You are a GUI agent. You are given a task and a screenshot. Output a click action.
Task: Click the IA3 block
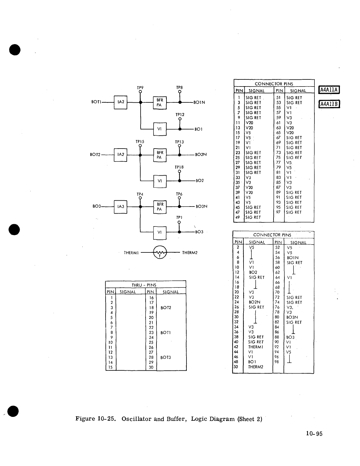pyautogui.click(x=121, y=207)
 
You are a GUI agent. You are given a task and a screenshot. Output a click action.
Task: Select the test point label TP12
pyautogui.click(x=180, y=114)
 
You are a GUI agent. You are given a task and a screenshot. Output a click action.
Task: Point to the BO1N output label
pyautogui.click(x=199, y=102)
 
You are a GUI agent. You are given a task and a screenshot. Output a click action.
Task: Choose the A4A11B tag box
pyautogui.click(x=329, y=104)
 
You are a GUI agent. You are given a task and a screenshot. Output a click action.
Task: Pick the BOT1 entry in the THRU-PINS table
pyautogui.click(x=166, y=333)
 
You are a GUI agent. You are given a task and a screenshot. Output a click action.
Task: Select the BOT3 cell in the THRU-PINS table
pyautogui.click(x=166, y=357)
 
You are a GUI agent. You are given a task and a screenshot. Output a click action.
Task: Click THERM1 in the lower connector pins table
pyautogui.click(x=256, y=347)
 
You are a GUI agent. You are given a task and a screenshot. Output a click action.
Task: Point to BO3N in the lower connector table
pyautogui.click(x=292, y=317)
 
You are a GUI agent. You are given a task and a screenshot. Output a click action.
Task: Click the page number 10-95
pyautogui.click(x=314, y=434)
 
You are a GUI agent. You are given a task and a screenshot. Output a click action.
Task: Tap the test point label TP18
pyautogui.click(x=179, y=167)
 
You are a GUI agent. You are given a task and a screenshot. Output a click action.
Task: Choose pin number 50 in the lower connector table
pyautogui.click(x=236, y=367)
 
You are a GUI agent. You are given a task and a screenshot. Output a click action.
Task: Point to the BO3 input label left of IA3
pyautogui.click(x=97, y=207)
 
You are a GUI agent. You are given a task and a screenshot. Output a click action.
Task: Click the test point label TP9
pyautogui.click(x=140, y=88)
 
